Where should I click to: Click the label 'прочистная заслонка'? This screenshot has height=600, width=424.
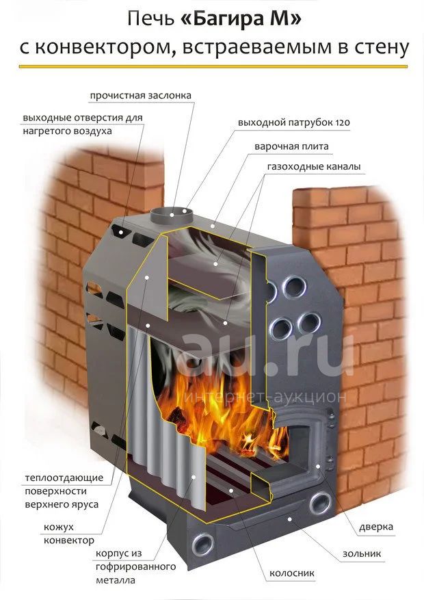[140, 95]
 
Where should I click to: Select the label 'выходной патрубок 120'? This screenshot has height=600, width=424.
[294, 123]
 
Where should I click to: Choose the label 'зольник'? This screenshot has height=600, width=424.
[362, 553]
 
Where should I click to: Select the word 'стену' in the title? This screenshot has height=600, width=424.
[379, 49]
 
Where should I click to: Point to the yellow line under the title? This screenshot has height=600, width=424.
[212, 66]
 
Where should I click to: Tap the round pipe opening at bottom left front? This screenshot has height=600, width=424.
[204, 545]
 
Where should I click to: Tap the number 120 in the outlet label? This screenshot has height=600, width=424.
[343, 123]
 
